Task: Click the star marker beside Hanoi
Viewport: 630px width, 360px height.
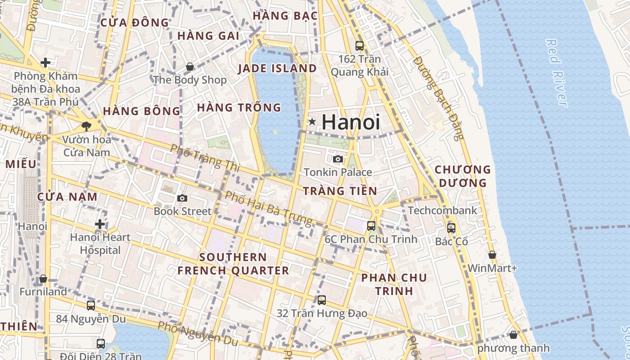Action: [x=312, y=121]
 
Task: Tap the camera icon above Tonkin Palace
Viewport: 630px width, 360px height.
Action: [x=338, y=159]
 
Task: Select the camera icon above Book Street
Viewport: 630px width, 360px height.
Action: [x=182, y=198]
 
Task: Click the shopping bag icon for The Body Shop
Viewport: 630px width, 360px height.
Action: [x=190, y=67]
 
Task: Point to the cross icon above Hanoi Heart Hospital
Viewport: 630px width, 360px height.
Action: [x=100, y=224]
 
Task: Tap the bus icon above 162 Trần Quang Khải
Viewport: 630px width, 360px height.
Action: [x=359, y=45]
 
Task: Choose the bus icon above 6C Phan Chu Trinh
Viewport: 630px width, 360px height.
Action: [x=371, y=226]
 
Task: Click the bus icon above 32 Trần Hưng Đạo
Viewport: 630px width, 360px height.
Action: [x=321, y=300]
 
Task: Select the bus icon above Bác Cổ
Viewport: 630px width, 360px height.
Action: [x=451, y=228]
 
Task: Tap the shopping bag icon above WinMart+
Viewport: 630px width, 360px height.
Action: [x=492, y=255]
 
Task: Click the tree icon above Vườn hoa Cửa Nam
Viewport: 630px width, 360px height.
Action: [x=86, y=126]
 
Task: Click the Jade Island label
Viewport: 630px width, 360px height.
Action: [x=277, y=68]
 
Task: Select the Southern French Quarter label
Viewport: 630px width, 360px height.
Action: [x=233, y=264]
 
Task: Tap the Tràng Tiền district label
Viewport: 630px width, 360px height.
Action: [x=340, y=191]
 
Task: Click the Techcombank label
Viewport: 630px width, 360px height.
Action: [x=442, y=210]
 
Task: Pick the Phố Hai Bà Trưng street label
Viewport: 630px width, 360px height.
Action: [x=268, y=208]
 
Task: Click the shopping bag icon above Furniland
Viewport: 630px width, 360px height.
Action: [x=43, y=279]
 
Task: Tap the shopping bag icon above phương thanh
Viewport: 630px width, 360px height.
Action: [x=513, y=335]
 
